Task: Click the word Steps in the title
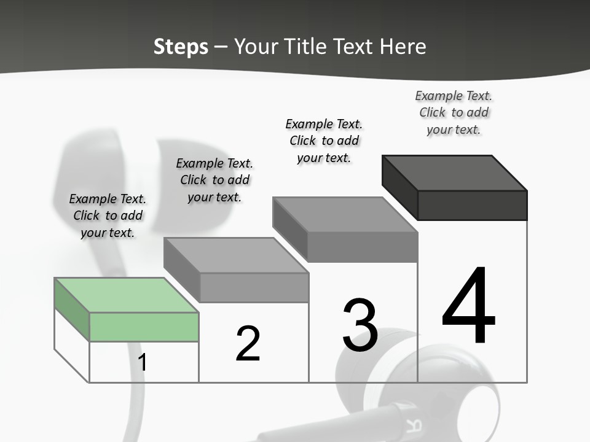[x=181, y=47]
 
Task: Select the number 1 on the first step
[x=143, y=363]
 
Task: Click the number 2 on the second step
[x=248, y=344]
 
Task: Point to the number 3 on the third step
[x=360, y=326]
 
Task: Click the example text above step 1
[x=108, y=215]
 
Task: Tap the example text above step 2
[x=214, y=180]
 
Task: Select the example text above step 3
[x=324, y=141]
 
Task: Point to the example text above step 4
[x=454, y=112]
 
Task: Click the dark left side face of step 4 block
[x=399, y=187]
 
